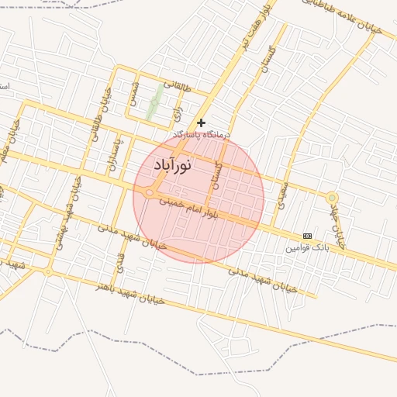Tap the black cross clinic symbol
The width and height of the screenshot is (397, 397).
point(202,123)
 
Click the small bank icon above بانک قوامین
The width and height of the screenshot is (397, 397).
point(308,236)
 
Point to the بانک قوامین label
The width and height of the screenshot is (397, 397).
point(307,247)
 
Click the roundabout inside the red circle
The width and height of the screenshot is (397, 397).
point(150,193)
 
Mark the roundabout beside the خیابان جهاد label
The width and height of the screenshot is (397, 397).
point(332,198)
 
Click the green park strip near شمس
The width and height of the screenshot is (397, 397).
point(156,102)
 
